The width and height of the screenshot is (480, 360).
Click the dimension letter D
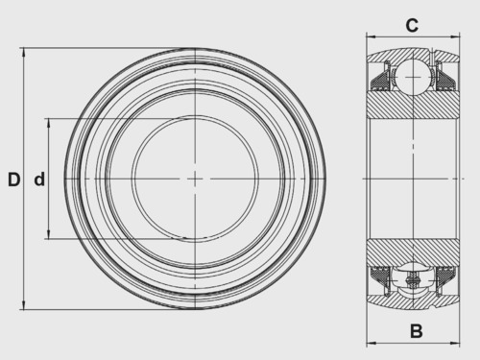(x=14, y=180)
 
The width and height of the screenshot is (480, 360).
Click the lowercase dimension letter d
(x=39, y=180)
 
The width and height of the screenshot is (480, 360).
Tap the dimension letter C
(x=412, y=25)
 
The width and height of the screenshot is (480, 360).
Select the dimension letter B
(x=416, y=331)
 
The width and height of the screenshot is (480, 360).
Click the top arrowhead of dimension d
(x=49, y=123)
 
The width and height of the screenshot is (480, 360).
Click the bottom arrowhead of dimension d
(x=49, y=234)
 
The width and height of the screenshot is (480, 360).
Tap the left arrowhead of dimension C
(x=372, y=36)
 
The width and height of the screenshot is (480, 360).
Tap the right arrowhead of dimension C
(x=455, y=36)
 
